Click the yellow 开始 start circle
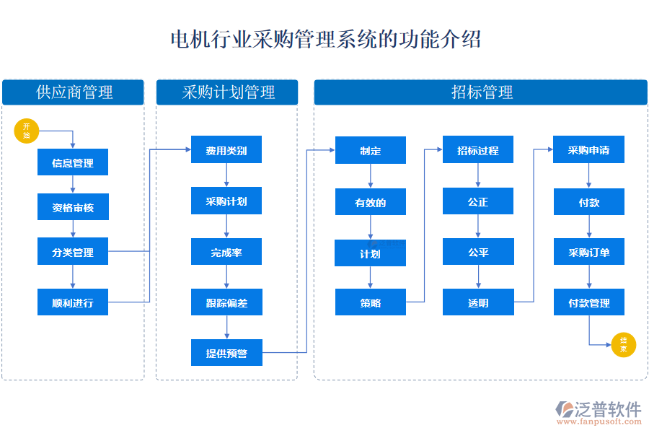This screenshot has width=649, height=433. click(27, 131)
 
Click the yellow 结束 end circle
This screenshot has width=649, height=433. click(623, 345)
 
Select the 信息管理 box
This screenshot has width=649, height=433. click(73, 163)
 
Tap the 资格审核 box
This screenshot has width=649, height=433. click(73, 208)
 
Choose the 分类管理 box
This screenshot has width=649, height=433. click(73, 252)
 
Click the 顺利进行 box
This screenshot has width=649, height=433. click(73, 302)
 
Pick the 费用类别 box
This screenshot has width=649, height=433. click(226, 150)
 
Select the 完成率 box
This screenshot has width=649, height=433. click(226, 252)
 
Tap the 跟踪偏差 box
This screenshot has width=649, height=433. click(226, 302)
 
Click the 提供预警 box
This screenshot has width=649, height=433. click(226, 353)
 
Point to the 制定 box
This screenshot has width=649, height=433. click(371, 150)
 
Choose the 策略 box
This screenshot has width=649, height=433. click(371, 302)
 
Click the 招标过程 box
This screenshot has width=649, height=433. click(478, 150)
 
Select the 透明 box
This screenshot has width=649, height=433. click(478, 302)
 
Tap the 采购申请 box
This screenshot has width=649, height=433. click(588, 150)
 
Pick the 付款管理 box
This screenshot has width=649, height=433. click(588, 302)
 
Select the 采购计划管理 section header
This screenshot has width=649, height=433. click(226, 92)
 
